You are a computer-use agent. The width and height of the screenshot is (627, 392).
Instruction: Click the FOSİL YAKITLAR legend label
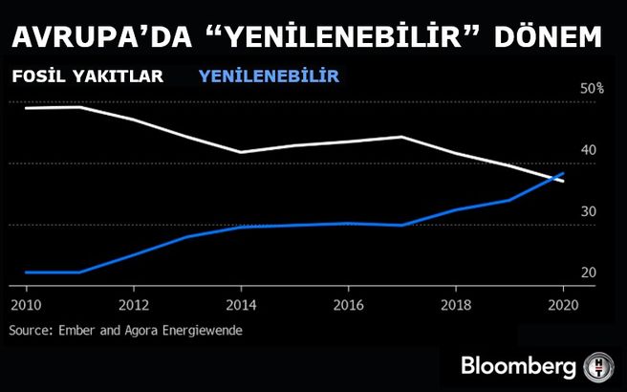point(87,76)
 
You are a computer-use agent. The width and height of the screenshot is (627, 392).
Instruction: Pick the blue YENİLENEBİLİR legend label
point(269,76)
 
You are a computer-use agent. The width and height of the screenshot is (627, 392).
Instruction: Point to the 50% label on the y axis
point(593,89)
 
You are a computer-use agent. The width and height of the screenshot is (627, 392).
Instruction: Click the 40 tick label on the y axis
point(588,150)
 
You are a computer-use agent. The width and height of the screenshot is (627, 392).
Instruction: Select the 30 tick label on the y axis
point(588,211)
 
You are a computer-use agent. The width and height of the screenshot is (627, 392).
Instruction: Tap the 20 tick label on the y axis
point(588,273)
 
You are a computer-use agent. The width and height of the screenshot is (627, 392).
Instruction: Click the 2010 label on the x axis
point(26,307)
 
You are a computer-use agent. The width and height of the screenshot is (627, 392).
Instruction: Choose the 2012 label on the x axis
point(133,307)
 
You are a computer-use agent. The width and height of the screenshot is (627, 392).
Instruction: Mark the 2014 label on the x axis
point(240,307)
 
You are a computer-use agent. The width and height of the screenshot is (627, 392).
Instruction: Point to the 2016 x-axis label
point(348,307)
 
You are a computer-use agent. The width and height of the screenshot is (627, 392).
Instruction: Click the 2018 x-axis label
point(455,307)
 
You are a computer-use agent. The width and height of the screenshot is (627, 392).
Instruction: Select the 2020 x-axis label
point(562,307)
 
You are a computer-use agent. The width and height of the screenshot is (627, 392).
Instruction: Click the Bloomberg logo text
point(517,366)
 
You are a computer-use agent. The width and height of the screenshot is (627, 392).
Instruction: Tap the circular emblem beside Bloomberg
point(598,366)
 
